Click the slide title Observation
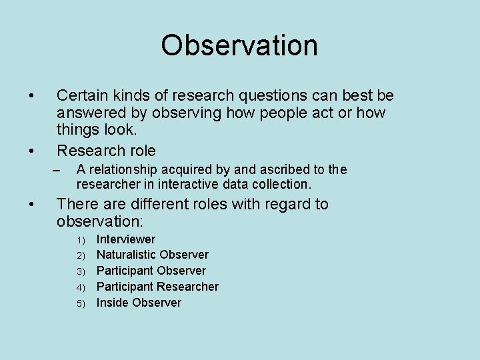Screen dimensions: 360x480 (239, 45)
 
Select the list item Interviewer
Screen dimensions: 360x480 (125, 239)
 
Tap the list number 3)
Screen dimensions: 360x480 (81, 271)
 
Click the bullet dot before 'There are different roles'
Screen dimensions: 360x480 (32, 204)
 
